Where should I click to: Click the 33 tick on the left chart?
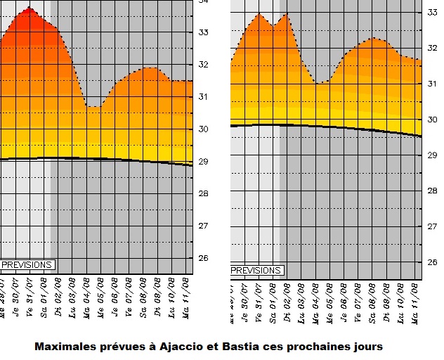pyautogui.click(x=204, y=32)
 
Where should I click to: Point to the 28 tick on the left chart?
pyautogui.click(x=204, y=193)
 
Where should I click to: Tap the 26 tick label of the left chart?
pyautogui.click(x=204, y=258)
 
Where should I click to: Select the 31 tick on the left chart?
pyautogui.click(x=204, y=96)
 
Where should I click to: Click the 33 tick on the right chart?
pyautogui.click(x=433, y=12)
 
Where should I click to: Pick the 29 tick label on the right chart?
pyautogui.click(x=433, y=155)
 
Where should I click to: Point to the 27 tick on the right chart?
pyautogui.click(x=433, y=226)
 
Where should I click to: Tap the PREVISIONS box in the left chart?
pyautogui.click(x=27, y=265)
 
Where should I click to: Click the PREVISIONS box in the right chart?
pyautogui.click(x=256, y=270)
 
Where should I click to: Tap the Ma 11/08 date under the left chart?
pyautogui.click(x=185, y=296)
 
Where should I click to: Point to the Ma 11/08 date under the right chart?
pyautogui.click(x=415, y=300)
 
